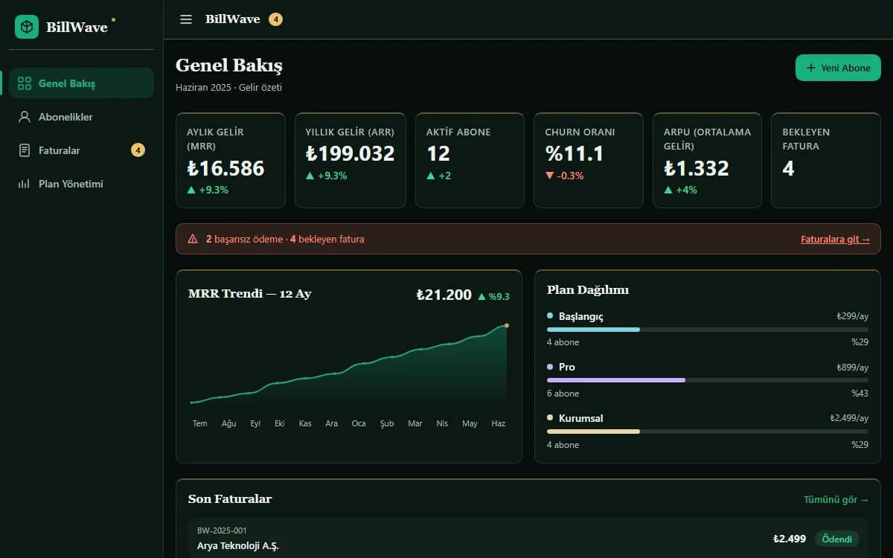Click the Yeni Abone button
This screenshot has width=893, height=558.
coord(838,68)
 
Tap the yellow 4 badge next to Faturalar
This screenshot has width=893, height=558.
coord(138,150)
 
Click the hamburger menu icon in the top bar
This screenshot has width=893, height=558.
coord(186,19)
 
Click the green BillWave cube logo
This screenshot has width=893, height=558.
coord(27,27)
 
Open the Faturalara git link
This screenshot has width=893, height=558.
coord(835,239)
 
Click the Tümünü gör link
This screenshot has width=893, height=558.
coord(836,499)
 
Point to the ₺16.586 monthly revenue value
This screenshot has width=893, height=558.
coord(225,168)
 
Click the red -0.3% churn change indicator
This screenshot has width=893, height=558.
coord(564,176)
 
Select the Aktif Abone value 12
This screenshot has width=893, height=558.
coord(438,153)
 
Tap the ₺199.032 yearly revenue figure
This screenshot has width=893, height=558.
coord(350,153)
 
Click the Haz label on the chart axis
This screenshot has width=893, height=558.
coord(499,423)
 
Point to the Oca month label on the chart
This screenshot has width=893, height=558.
coord(359,423)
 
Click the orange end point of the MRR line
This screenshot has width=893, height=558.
coord(507,325)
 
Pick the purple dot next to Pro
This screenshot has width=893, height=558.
coord(550,367)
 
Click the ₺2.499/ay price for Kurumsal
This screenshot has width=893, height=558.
coord(849,418)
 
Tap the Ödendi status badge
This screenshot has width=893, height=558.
coord(836,539)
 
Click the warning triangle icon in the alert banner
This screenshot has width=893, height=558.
coord(193,239)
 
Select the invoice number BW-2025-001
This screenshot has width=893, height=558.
coord(222,530)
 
